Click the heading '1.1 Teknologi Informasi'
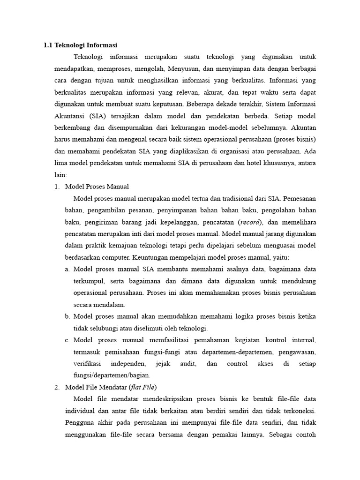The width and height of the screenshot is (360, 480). click(80, 45)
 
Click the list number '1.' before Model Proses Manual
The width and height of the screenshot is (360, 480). click(57, 187)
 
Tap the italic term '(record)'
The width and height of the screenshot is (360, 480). click(251, 222)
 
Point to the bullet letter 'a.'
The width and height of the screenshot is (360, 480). click(67, 269)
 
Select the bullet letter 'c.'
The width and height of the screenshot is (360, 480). click(67, 340)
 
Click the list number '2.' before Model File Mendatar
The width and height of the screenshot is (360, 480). click(57, 387)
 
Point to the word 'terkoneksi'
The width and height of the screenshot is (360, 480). click(298, 411)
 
